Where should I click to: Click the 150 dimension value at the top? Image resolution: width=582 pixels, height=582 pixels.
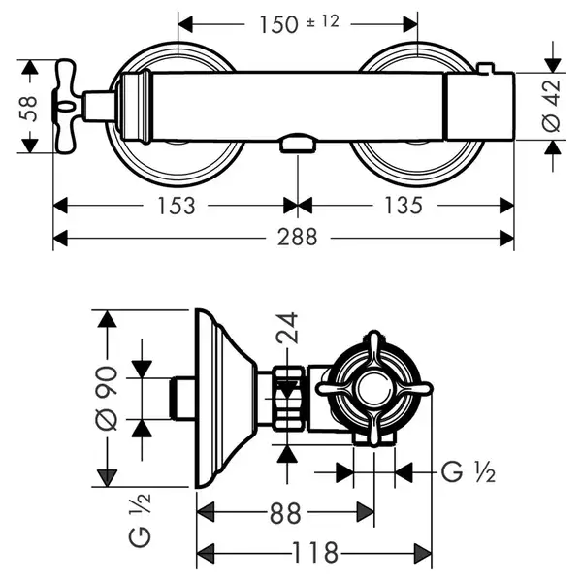[278, 25]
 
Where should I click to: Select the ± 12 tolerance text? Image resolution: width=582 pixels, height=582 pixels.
[323, 21]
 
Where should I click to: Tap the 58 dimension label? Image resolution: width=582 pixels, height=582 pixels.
[28, 109]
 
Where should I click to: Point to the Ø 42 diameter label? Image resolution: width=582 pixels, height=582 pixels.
[551, 106]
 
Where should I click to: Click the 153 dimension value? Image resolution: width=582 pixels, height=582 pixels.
[177, 206]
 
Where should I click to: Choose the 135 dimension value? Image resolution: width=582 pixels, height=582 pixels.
[404, 206]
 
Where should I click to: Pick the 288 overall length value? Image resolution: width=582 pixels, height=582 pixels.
[298, 238]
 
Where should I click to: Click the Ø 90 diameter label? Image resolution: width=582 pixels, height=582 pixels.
[108, 398]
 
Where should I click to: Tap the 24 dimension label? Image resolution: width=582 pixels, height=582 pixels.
[287, 328]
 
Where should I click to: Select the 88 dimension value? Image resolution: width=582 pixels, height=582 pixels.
[285, 513]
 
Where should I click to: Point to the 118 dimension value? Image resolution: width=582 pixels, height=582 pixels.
[315, 553]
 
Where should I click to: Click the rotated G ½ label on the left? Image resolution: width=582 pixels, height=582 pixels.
[140, 520]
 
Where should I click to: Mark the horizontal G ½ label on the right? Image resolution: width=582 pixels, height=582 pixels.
[469, 472]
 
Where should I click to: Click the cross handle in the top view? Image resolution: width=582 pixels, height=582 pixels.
[67, 106]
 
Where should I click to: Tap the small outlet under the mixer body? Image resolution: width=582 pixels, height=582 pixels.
[298, 144]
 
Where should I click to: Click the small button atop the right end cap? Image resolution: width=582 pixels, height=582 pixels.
[486, 68]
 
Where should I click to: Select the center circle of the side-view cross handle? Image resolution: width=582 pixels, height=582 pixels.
[374, 389]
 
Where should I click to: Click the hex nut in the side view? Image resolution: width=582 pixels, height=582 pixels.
[289, 399]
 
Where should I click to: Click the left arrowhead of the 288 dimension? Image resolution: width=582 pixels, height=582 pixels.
[60, 238]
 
